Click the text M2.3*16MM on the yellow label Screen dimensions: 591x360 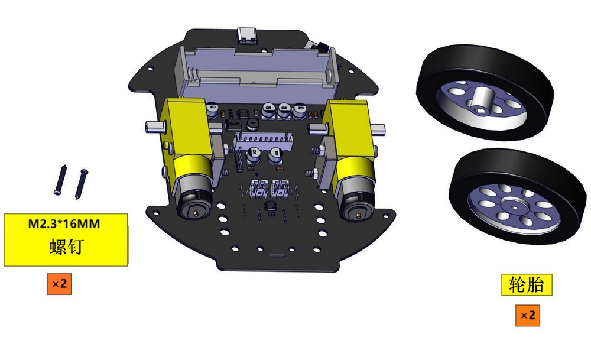64,224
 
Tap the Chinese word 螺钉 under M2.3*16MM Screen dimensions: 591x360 66,247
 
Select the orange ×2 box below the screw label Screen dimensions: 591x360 59,284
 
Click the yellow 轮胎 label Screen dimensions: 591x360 527,284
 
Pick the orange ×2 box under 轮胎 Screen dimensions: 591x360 528,316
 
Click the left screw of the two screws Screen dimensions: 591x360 61,180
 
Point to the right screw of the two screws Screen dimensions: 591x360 82,184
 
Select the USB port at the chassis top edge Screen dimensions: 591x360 247,36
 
